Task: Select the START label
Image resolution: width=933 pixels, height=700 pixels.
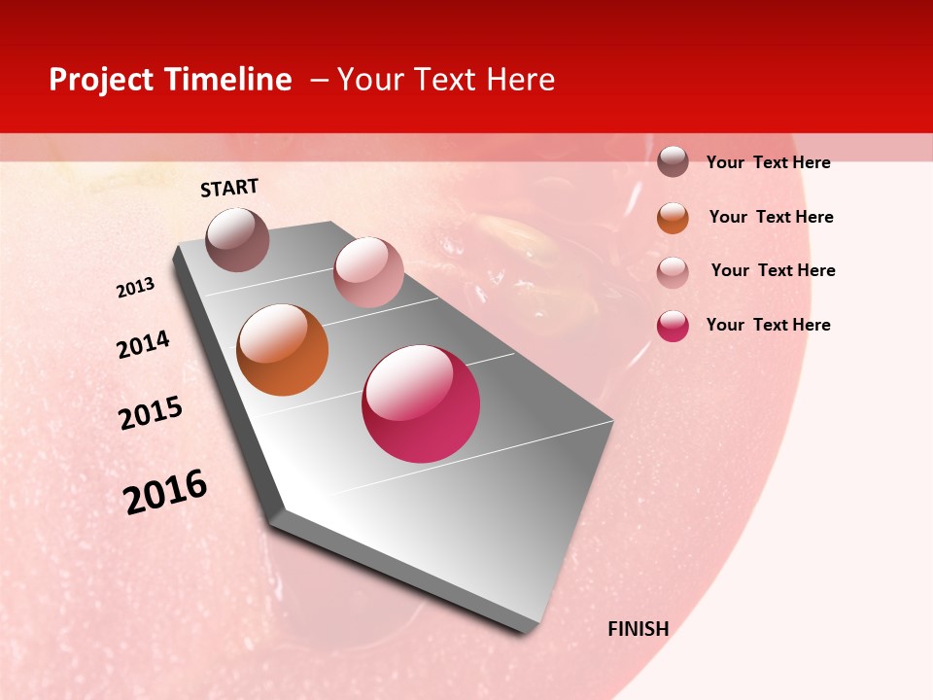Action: point(229,188)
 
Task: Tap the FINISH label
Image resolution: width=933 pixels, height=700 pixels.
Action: point(638,629)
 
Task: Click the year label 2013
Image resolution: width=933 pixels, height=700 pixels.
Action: point(136,288)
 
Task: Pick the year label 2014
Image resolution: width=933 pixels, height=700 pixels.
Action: point(143,344)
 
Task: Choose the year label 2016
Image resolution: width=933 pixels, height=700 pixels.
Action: point(165,491)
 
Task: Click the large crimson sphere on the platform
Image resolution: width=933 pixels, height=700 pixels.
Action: point(421,403)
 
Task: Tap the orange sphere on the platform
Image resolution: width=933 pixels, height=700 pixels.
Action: point(282,350)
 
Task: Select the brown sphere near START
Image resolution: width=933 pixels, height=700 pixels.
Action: point(238,239)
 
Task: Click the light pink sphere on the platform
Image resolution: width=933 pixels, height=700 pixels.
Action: point(368,272)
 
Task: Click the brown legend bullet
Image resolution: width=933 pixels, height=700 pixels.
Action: point(673,161)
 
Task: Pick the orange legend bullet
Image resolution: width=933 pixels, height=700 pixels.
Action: point(673,218)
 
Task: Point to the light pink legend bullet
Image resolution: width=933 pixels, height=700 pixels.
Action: point(673,272)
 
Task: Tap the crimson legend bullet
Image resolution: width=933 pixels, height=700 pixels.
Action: point(673,326)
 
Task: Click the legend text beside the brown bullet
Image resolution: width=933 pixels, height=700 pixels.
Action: point(768,162)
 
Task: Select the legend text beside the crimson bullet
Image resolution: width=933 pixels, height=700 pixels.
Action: point(768,325)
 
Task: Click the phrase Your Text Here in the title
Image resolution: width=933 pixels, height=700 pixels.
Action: point(446,80)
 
